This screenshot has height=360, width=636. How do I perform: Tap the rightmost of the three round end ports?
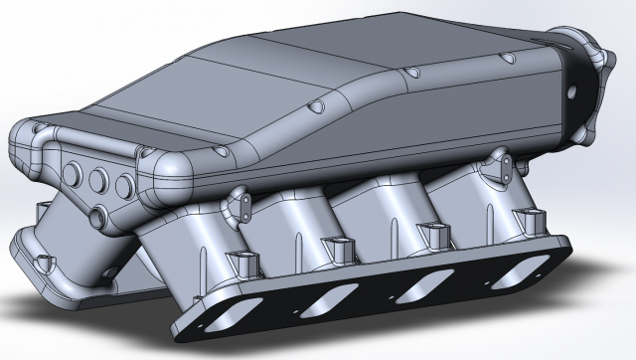124,185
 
